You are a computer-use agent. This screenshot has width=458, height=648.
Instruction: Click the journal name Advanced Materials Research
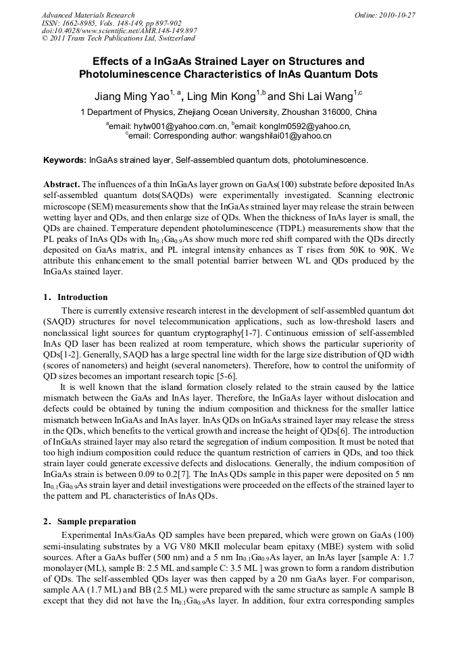(88, 15)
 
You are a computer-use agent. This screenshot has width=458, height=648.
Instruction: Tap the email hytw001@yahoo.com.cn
(180, 126)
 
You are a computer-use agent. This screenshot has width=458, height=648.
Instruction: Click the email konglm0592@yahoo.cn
(307, 126)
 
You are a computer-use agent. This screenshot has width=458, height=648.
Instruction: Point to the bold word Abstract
(61, 184)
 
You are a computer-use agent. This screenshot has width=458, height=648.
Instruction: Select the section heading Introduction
(82, 297)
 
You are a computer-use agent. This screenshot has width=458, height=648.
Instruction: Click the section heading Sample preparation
(96, 522)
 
